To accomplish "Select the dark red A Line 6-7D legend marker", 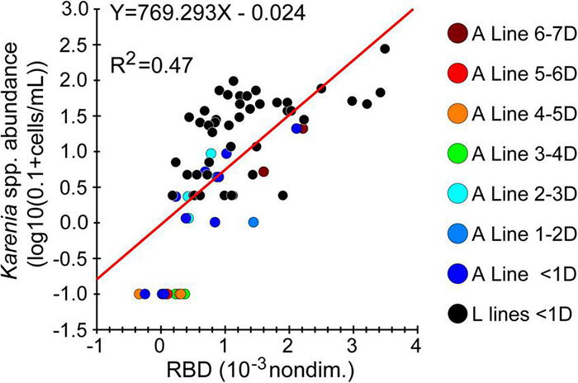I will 457,34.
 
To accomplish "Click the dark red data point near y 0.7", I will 263,172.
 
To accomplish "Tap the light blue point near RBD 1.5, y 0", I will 253,222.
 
